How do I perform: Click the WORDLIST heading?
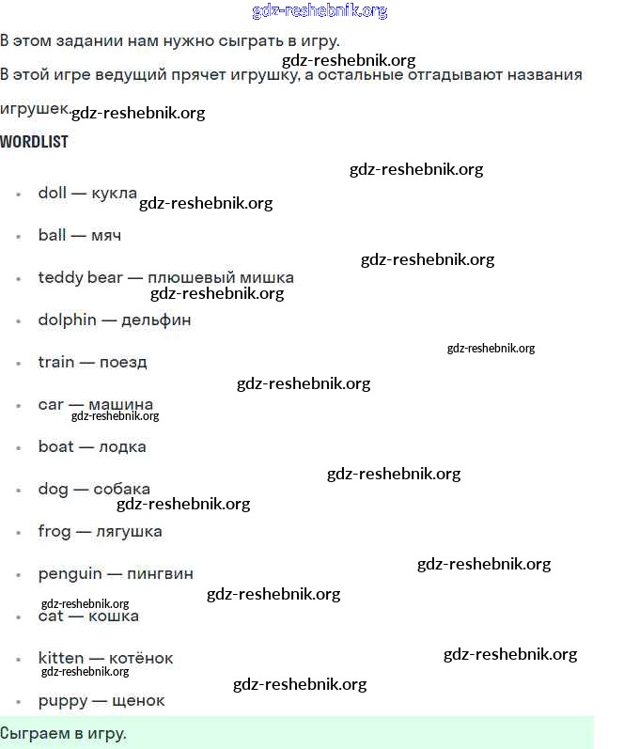pos(34,142)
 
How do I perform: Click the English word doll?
pos(52,193)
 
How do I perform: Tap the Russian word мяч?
pos(106,235)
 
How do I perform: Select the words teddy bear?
pos(80,277)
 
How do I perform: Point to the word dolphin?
pos(67,320)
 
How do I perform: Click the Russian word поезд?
pos(123,362)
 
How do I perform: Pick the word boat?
pos(55,446)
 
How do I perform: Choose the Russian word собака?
pos(121,489)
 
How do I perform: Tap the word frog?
pos(54,531)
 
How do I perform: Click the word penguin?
pos(70,573)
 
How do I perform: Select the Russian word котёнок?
pos(142,658)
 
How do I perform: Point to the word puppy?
pos(59,700)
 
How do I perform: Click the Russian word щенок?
pos(138,700)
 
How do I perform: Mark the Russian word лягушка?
pos(129,531)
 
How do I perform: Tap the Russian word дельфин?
pos(156,320)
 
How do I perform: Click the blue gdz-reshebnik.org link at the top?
pos(319,11)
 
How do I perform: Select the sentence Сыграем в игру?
pos(63,732)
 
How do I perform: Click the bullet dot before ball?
pos(18,236)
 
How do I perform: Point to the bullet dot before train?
pos(18,363)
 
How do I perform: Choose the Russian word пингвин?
pos(160,573)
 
